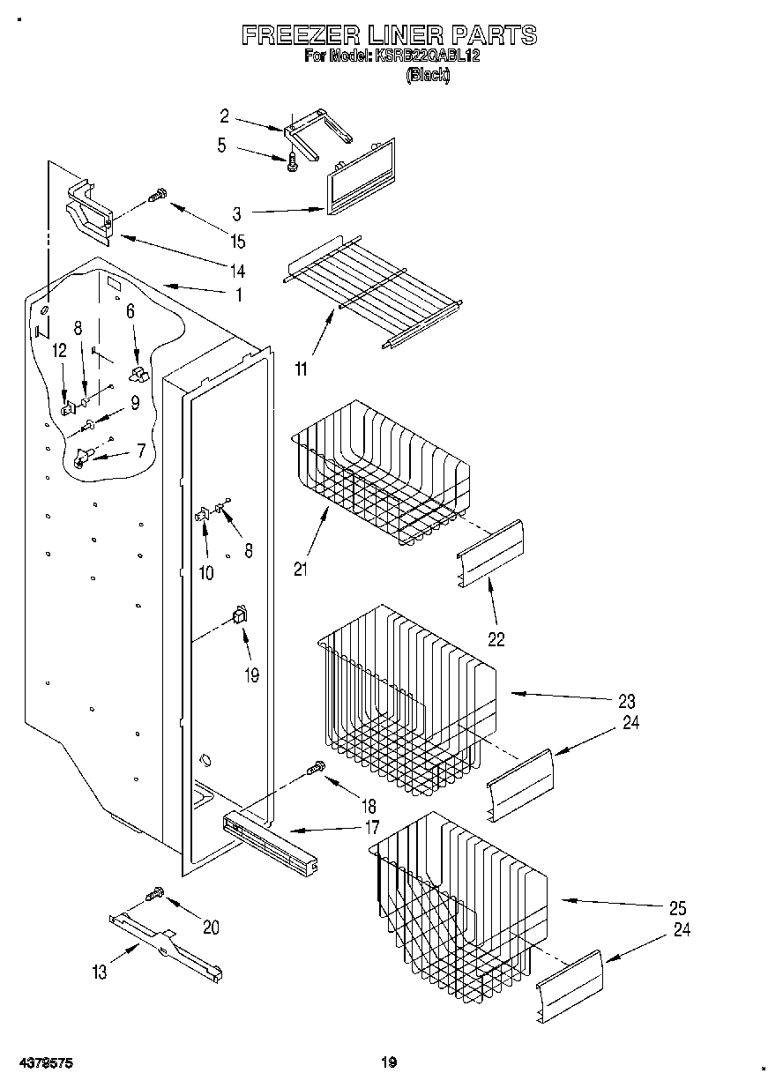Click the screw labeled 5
[x=292, y=160]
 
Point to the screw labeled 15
[x=157, y=196]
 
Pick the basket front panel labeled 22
[x=491, y=553]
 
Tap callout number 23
[x=627, y=703]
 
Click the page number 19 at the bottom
[x=389, y=1062]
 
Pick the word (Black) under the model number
[x=428, y=76]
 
